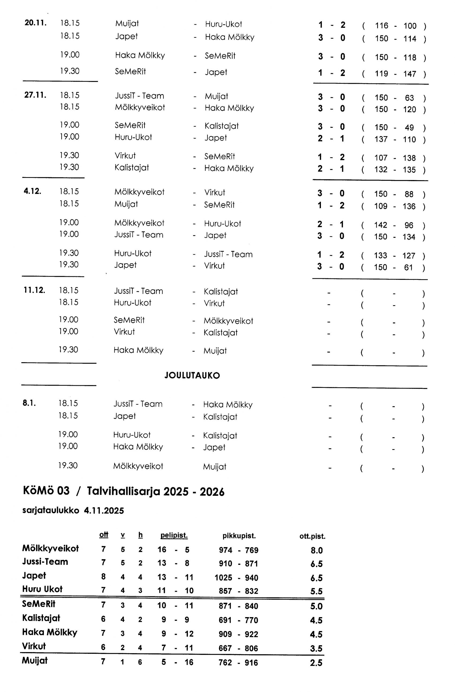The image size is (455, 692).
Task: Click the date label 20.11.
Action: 36,23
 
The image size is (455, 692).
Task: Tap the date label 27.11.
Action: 35,95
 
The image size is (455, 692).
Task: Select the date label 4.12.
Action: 32,191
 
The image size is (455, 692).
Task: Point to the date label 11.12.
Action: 34,290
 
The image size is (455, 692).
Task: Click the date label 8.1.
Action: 29,403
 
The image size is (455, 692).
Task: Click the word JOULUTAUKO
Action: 192,375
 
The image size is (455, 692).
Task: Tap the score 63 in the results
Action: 409,98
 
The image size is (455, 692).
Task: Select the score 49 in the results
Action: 409,128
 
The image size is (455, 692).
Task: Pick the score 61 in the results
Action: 408,267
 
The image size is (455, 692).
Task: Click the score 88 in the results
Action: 409,194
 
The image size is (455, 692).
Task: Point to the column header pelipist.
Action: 174,535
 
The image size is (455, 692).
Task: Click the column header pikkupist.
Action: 239,536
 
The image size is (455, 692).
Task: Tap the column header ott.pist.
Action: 312,536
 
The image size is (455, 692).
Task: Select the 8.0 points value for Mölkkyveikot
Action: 317,550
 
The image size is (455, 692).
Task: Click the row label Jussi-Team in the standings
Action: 45,562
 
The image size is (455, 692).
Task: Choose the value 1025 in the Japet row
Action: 223,578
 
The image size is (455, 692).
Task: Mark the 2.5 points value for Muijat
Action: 316,663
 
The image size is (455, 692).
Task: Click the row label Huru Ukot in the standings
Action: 43,589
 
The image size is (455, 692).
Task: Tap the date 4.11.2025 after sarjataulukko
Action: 104,511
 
